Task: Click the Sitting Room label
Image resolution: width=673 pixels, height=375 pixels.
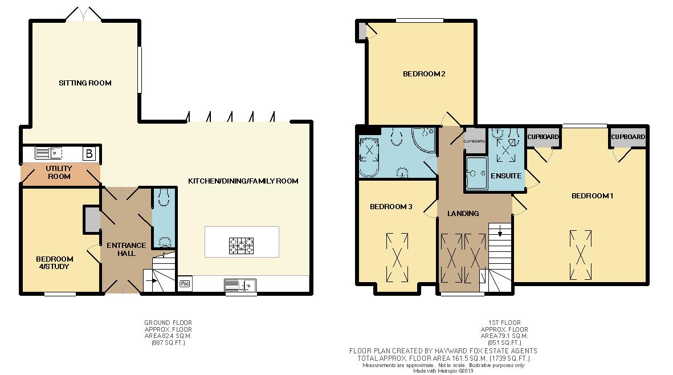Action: point(85,83)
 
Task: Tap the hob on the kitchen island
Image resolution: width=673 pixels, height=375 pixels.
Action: point(242,246)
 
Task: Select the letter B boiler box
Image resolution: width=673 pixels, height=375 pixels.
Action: point(88,153)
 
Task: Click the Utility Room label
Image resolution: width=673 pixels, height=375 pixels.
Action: point(59,172)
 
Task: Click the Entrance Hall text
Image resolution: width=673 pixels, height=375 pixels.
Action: point(126,249)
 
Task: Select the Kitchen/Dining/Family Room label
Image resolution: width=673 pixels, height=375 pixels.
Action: point(243,181)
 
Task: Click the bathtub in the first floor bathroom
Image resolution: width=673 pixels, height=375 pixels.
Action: point(369,152)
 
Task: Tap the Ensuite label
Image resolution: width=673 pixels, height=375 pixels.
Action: point(506,176)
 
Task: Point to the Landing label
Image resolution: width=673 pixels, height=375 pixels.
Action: point(463,214)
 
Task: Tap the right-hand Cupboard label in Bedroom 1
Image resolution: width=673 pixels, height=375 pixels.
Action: point(629,137)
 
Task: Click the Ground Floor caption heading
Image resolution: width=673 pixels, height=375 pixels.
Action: point(168,323)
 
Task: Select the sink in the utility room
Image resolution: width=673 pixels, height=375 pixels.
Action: point(56,152)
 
